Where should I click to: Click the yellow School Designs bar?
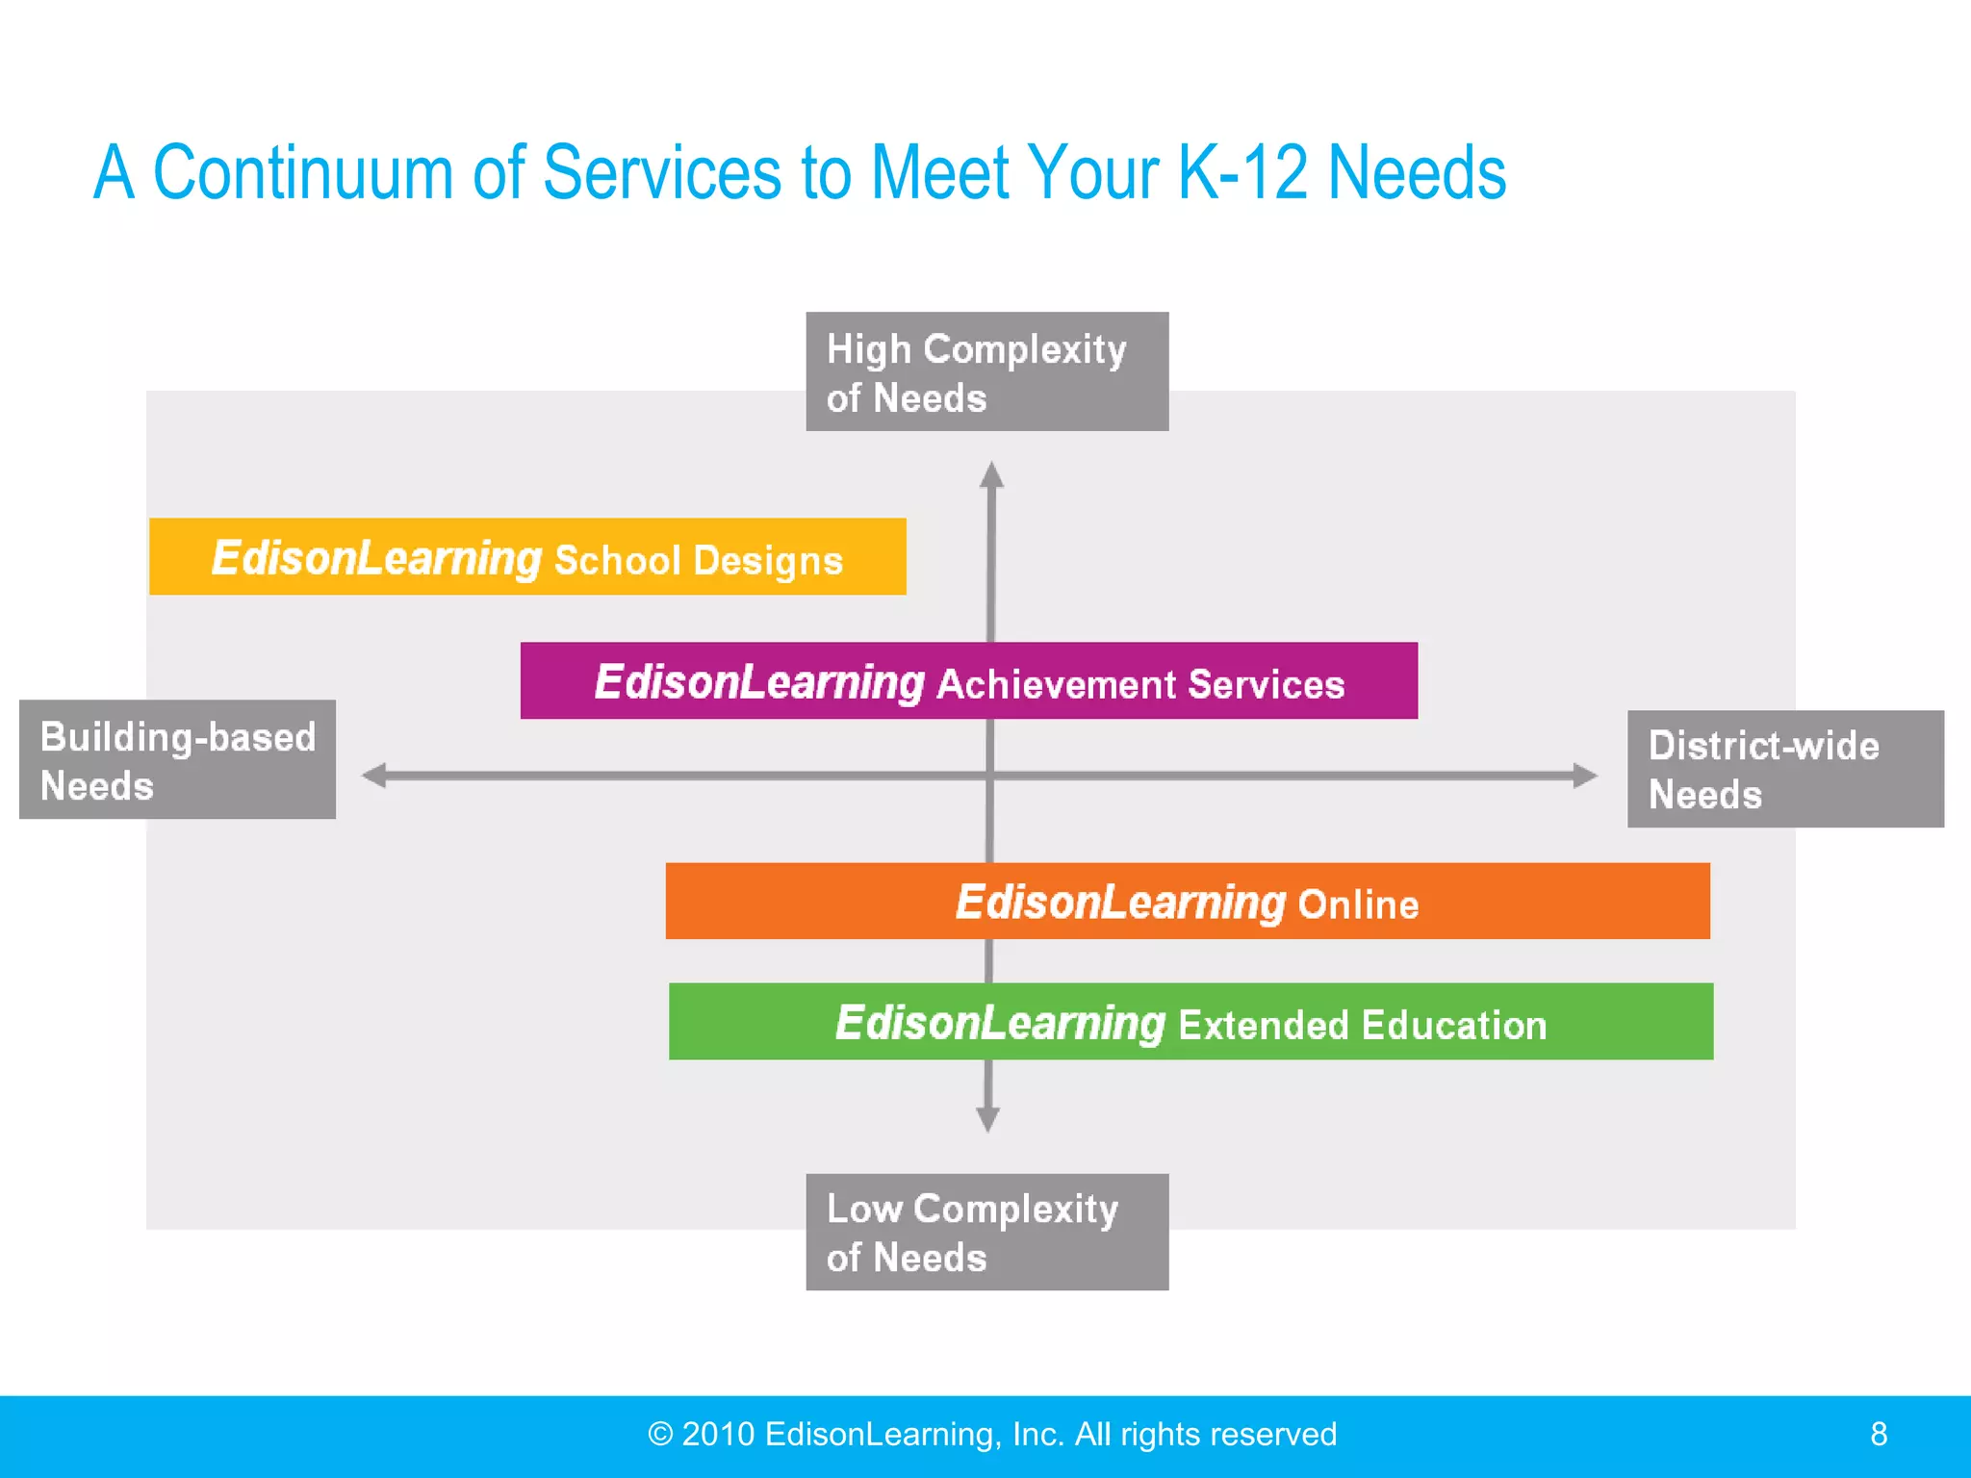[x=527, y=557]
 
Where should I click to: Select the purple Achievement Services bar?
[x=968, y=681]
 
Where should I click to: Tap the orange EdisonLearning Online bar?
[x=1187, y=902]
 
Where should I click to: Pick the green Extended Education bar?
[x=1190, y=1022]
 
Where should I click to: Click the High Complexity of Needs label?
[x=986, y=372]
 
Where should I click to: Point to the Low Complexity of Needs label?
[x=986, y=1233]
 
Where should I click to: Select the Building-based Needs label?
[x=177, y=760]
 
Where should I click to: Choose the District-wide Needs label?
[x=1785, y=770]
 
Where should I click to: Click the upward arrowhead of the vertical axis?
[x=991, y=475]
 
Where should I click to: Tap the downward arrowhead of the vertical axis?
[x=987, y=1119]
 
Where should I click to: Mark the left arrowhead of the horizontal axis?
[x=374, y=776]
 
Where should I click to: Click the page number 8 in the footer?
[x=1879, y=1435]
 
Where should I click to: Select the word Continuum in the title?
[x=302, y=173]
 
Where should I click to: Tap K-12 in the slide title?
[x=1242, y=173]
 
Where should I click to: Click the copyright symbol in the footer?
[x=660, y=1435]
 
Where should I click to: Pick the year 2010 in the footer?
[x=718, y=1435]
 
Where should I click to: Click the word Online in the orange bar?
[x=1358, y=905]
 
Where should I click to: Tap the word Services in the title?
[x=662, y=173]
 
